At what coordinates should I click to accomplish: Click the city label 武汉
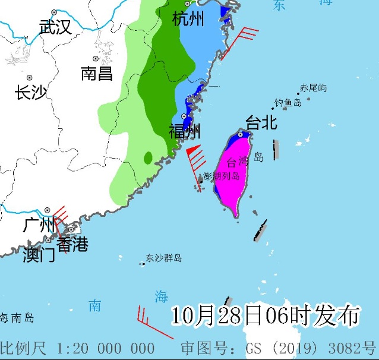pyautogui.click(x=55, y=27)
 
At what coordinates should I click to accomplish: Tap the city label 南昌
pyautogui.click(x=97, y=74)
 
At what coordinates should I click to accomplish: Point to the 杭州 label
pyautogui.click(x=188, y=20)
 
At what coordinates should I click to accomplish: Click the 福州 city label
pyautogui.click(x=185, y=131)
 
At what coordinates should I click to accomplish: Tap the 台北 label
pyautogui.click(x=261, y=123)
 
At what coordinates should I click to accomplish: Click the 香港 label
pyautogui.click(x=72, y=244)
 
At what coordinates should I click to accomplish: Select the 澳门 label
pyautogui.click(x=39, y=255)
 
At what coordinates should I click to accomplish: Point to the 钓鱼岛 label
pyautogui.click(x=288, y=103)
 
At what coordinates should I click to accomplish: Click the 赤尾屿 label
pyautogui.click(x=313, y=88)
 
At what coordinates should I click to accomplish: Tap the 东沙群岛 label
pyautogui.click(x=163, y=258)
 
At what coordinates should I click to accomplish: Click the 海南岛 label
pyautogui.click(x=17, y=318)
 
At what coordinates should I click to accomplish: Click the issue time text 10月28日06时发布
pyautogui.click(x=266, y=315)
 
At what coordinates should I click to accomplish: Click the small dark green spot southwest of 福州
pyautogui.click(x=147, y=158)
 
